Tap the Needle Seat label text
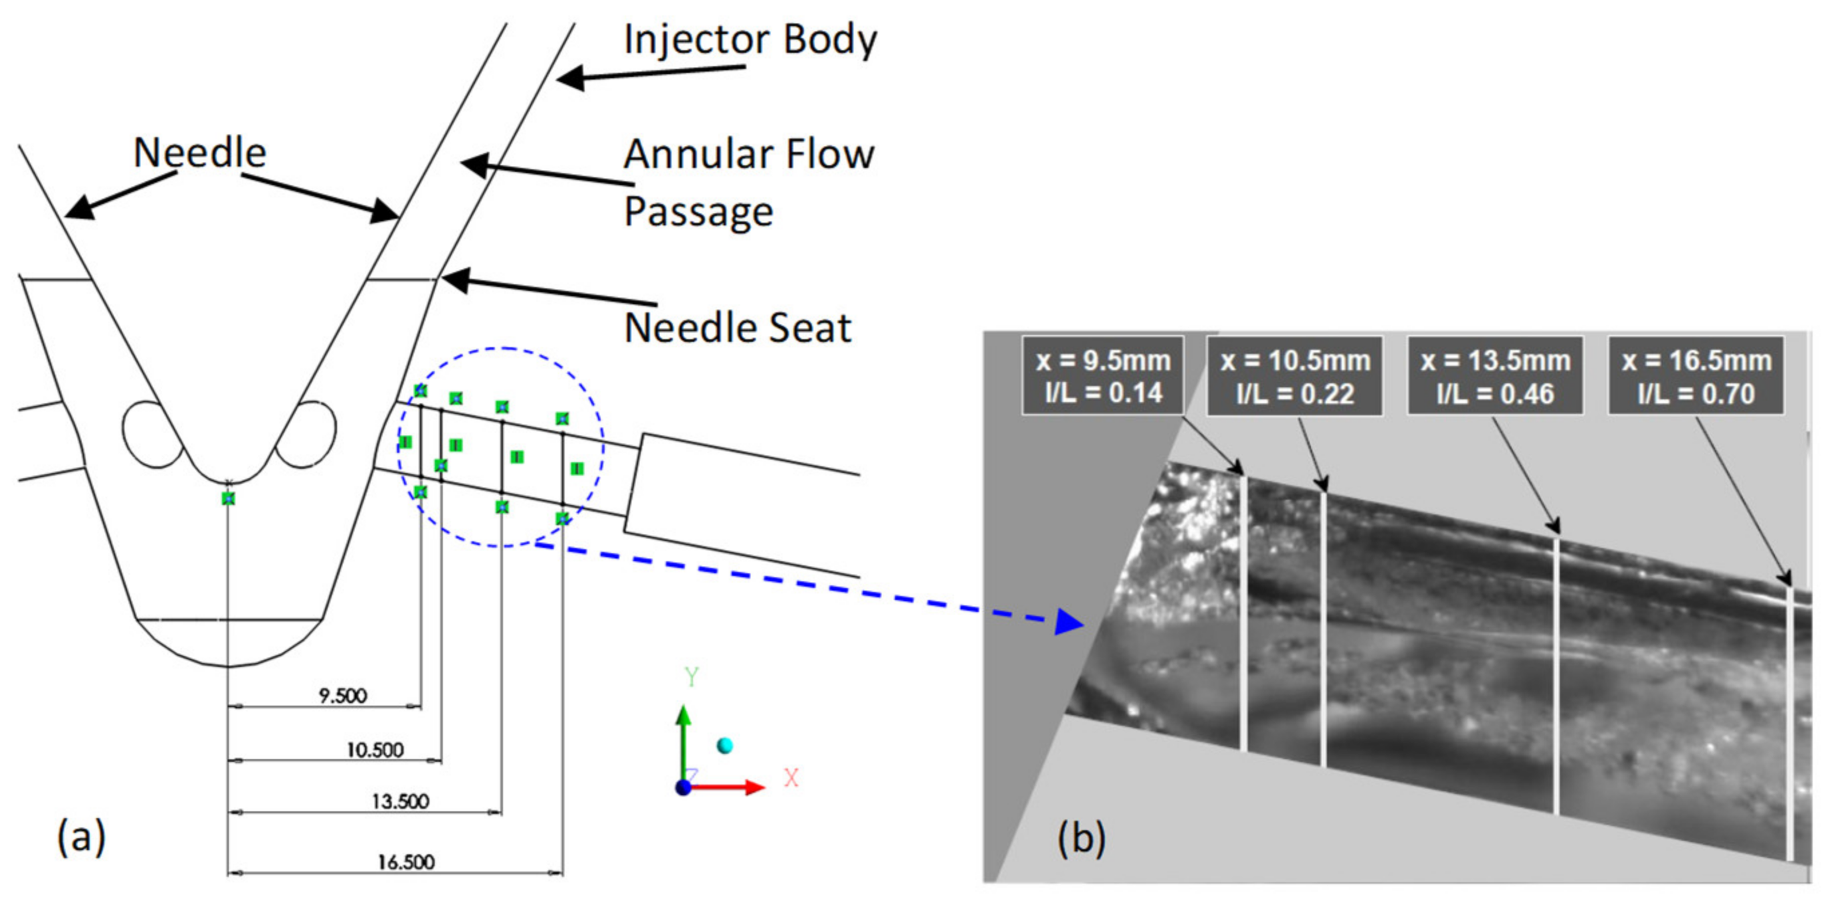pyautogui.click(x=738, y=328)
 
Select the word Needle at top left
pyautogui.click(x=200, y=153)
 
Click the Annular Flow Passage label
pyautogui.click(x=749, y=182)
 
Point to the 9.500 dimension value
pyautogui.click(x=342, y=696)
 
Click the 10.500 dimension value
pyautogui.click(x=375, y=750)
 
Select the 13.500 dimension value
pyautogui.click(x=401, y=801)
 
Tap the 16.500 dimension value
pyautogui.click(x=405, y=862)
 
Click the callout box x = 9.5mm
pyautogui.click(x=1103, y=375)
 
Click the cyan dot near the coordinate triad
pyautogui.click(x=724, y=744)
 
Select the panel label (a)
pyautogui.click(x=81, y=837)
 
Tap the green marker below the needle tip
pyautogui.click(x=227, y=498)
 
